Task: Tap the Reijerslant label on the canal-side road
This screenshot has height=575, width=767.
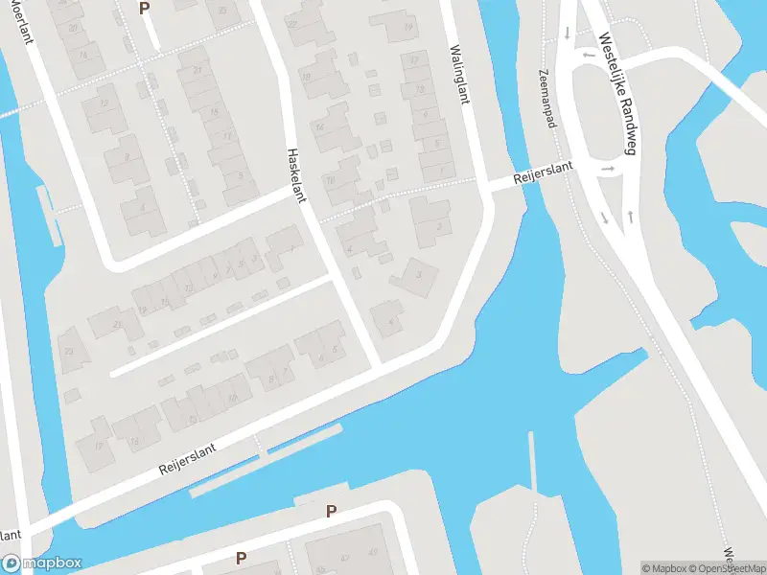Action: click(x=188, y=459)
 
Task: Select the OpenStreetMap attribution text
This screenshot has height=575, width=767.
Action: click(x=727, y=568)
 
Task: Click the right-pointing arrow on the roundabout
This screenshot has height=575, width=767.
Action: click(x=608, y=170)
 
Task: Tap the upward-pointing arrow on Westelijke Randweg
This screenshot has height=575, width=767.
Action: click(x=630, y=215)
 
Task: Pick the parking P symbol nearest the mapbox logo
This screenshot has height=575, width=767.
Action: click(x=242, y=558)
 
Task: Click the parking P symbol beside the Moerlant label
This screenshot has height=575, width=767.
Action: click(x=145, y=8)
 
